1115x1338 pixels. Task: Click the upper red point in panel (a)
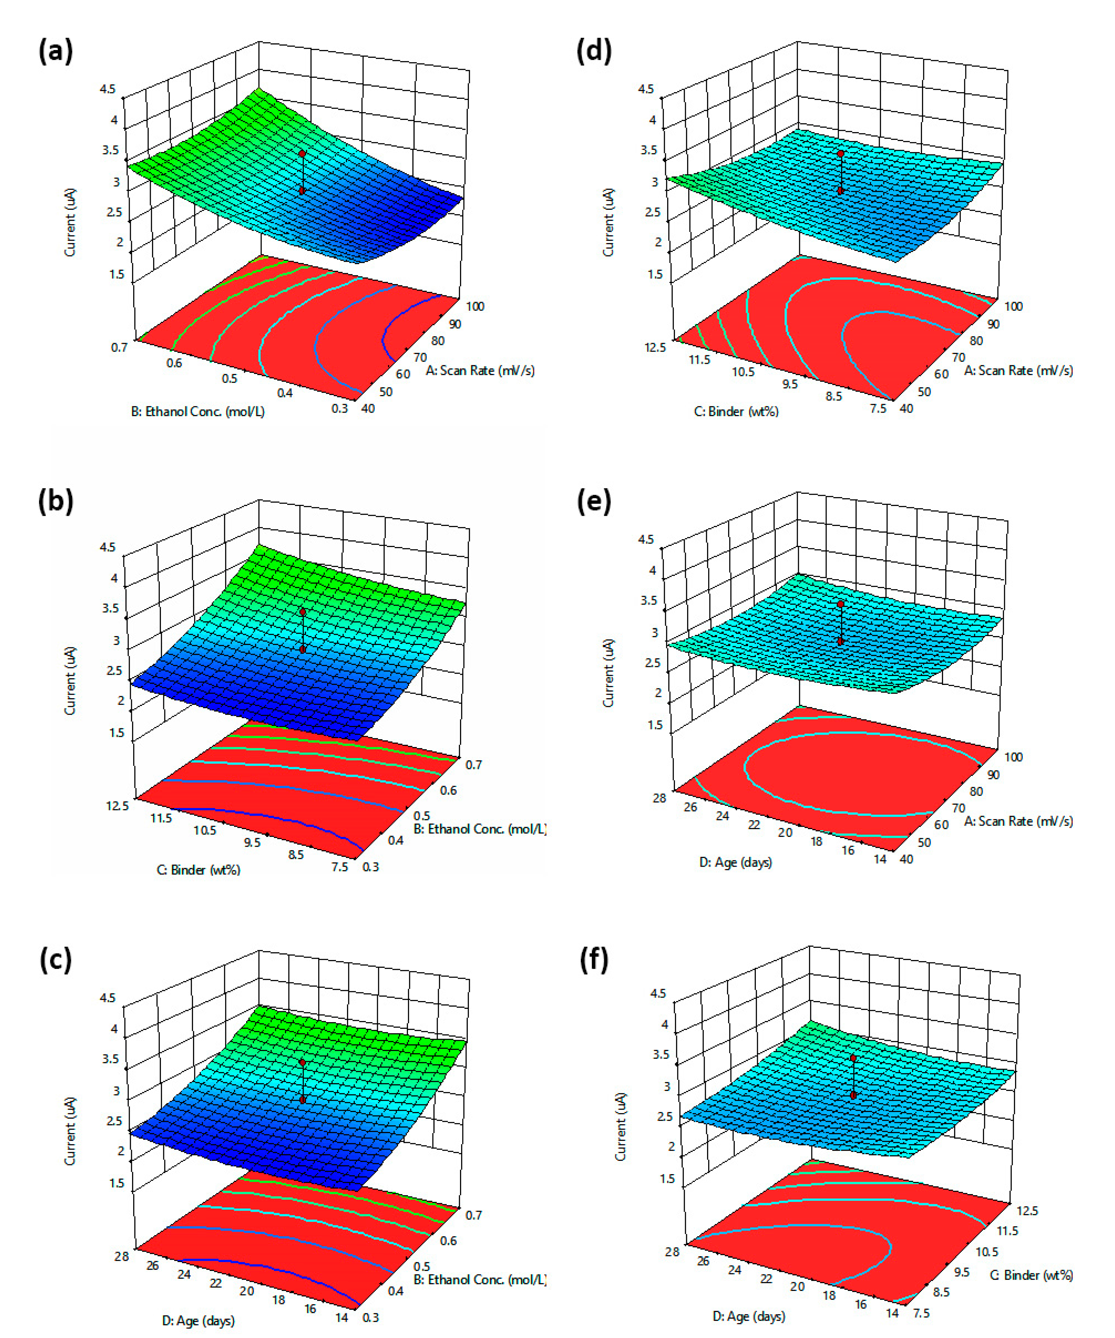pyautogui.click(x=303, y=153)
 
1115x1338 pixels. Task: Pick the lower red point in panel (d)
pyautogui.click(x=841, y=190)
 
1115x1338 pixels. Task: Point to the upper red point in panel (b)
pyautogui.click(x=303, y=612)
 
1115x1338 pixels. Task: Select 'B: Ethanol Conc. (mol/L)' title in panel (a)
pyautogui.click(x=198, y=412)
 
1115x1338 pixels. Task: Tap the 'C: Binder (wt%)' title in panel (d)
pyautogui.click(x=736, y=412)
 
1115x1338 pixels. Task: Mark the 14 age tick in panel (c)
pyautogui.click(x=342, y=1317)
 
